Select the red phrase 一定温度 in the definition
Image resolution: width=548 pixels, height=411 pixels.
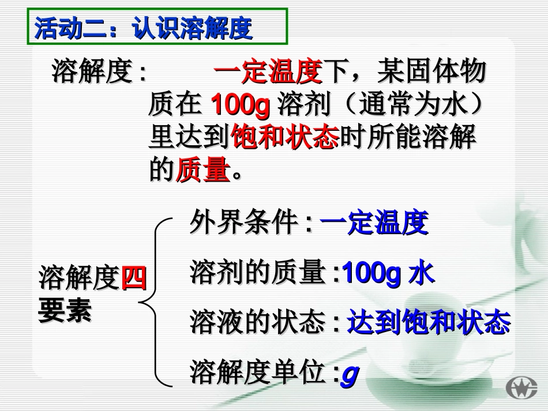coord(267,73)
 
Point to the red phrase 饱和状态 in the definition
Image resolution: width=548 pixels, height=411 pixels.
coord(283,138)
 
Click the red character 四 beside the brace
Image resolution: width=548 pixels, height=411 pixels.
coord(134,280)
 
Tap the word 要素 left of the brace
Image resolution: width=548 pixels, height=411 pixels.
coord(65,311)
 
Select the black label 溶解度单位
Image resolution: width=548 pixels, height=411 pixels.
coord(257,373)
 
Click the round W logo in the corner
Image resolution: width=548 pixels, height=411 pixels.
coord(521,387)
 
